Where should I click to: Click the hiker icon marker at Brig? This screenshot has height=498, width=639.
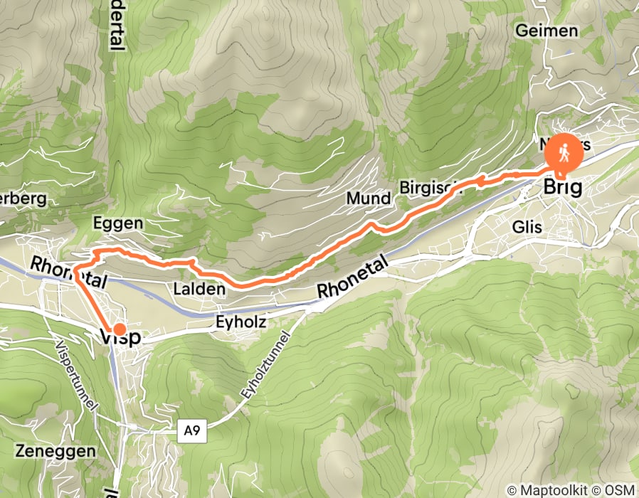pyautogui.click(x=563, y=152)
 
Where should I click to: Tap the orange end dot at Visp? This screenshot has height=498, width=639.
pyautogui.click(x=120, y=329)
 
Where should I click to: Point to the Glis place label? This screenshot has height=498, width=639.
pyautogui.click(x=527, y=227)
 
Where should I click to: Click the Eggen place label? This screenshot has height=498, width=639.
pyautogui.click(x=118, y=223)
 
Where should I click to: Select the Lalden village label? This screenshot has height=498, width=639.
pyautogui.click(x=199, y=289)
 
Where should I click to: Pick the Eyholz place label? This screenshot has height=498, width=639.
pyautogui.click(x=240, y=322)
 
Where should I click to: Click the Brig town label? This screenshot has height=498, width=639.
pyautogui.click(x=562, y=188)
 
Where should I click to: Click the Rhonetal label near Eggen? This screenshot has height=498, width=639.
pyautogui.click(x=68, y=272)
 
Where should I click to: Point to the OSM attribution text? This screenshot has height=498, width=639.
pyautogui.click(x=619, y=489)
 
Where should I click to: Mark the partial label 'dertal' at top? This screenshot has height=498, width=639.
pyautogui.click(x=116, y=25)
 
